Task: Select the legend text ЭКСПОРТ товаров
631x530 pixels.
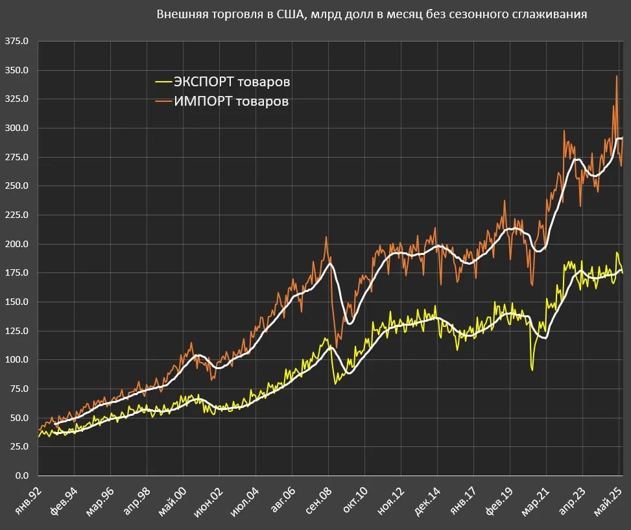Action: coord(232,82)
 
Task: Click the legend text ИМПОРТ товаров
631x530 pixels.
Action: coord(231,101)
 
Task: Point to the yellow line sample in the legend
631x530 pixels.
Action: coord(163,82)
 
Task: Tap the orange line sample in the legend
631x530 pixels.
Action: coord(163,101)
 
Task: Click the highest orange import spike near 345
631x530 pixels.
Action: coord(616,77)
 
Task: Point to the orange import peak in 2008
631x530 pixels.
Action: coord(326,237)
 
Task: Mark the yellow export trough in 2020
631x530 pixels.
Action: coord(532,370)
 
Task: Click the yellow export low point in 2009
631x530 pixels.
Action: coord(336,384)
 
